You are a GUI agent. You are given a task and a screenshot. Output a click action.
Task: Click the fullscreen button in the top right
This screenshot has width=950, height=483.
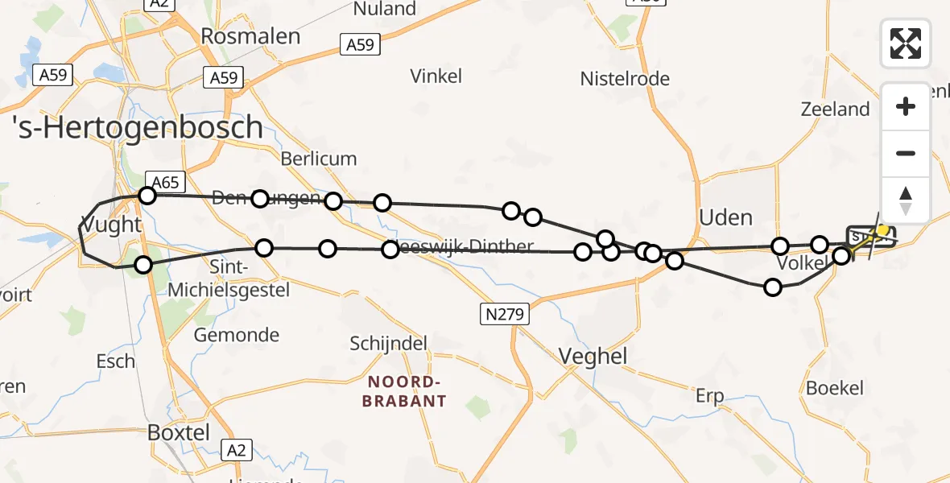pos(906,43)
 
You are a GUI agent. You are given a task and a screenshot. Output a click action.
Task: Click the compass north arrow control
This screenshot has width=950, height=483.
pos(906,200)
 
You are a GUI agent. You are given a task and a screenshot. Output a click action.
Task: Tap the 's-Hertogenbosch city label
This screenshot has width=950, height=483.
pos(138,128)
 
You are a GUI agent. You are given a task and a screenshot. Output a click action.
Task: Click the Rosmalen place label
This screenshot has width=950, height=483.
pos(250,36)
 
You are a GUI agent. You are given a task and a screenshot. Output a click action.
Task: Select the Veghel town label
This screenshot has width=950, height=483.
pos(593,356)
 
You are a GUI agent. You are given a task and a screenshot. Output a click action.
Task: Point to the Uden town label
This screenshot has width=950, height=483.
pos(725,217)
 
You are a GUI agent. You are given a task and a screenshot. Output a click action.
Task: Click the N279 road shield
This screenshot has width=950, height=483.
pos(506,315)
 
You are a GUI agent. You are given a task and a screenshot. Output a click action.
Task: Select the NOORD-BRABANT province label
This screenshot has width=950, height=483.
pos(404,390)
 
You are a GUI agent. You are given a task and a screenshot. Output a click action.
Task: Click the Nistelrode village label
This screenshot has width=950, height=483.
pos(625,79)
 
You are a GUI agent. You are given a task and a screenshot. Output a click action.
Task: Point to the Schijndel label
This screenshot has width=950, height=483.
pos(388,344)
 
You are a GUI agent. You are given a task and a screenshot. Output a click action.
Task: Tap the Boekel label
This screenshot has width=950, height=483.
pos(834,387)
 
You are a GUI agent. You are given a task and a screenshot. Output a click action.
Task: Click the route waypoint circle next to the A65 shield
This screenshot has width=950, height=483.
pos(147,195)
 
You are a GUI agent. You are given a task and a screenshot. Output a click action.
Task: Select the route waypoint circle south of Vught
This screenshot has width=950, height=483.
pos(142,264)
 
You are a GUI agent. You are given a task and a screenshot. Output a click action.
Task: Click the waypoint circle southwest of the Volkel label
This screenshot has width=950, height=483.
pos(773,287)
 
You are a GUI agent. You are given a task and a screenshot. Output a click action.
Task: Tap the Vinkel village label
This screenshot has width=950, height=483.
pos(436,76)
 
